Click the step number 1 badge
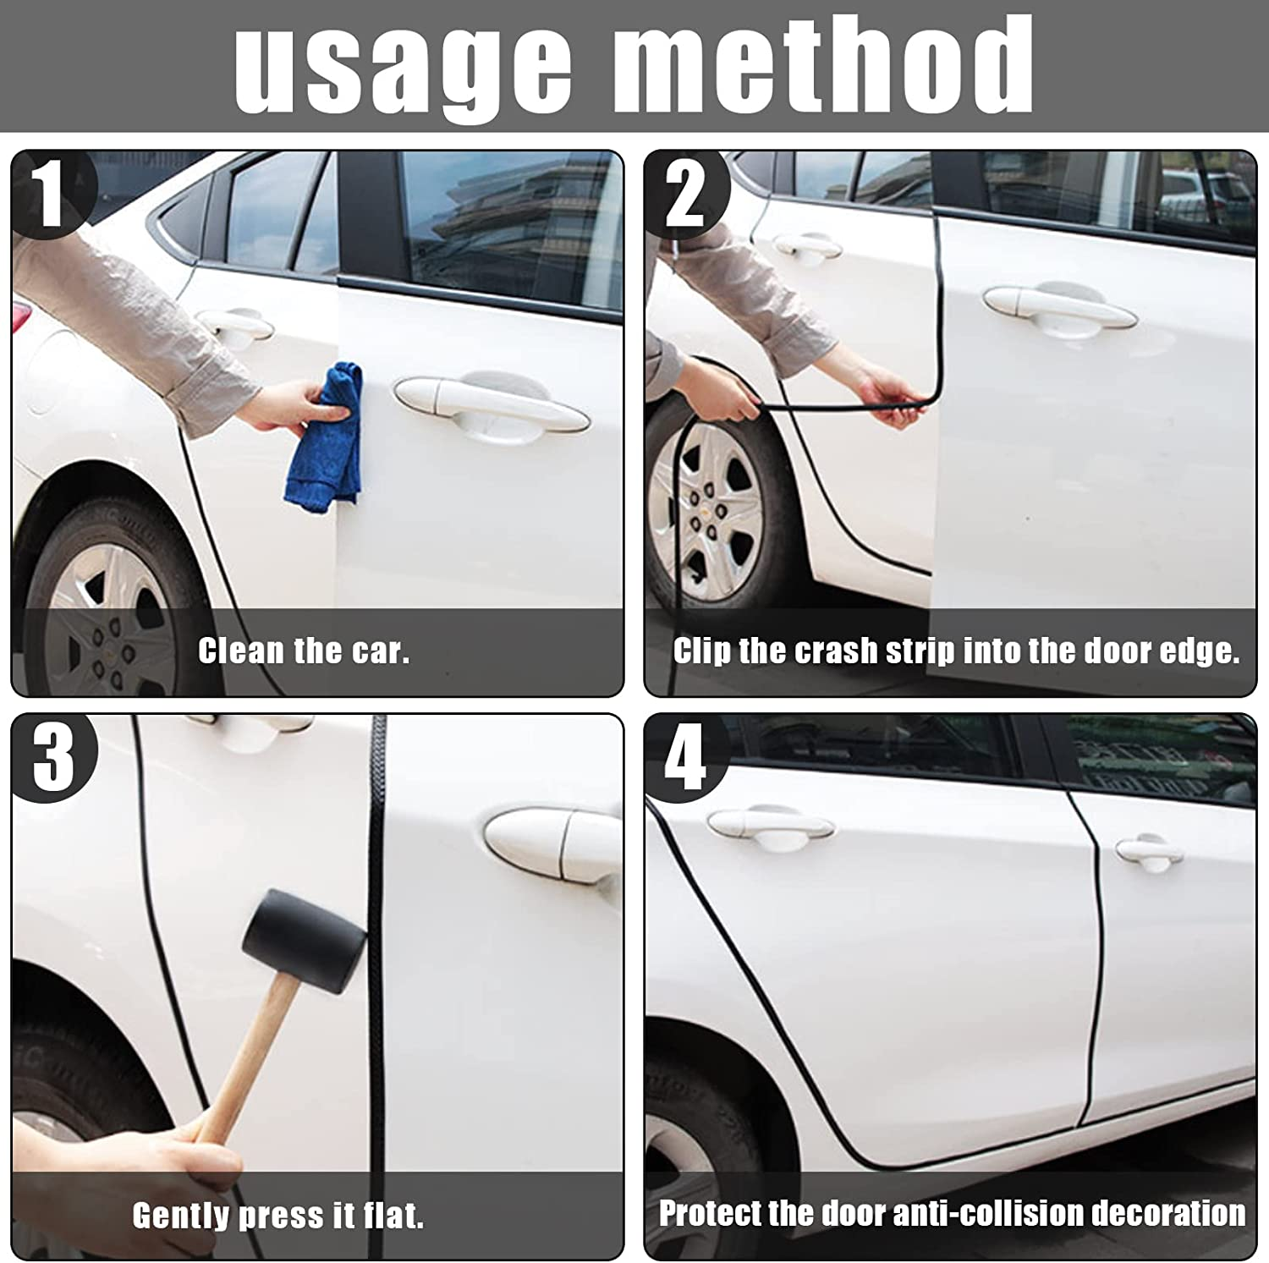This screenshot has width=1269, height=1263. [x=51, y=195]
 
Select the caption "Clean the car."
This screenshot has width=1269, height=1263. [x=304, y=651]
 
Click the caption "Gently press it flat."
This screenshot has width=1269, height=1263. [x=277, y=1216]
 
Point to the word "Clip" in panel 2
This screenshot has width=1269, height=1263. [x=702, y=651]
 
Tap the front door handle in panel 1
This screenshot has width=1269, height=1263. [x=491, y=406]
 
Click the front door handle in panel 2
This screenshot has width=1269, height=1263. [x=1057, y=307]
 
